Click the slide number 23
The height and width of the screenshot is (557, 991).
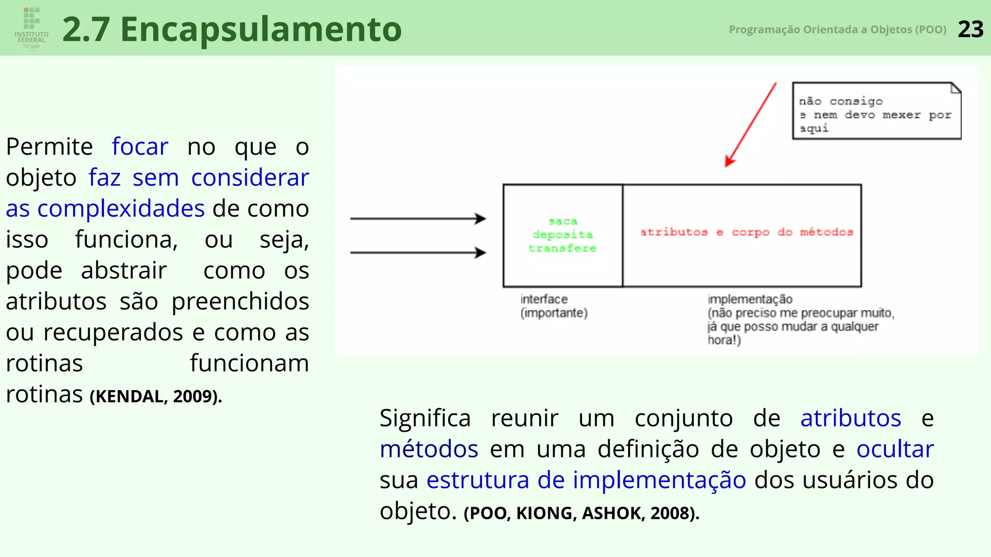970,29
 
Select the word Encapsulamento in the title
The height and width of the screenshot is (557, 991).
261,29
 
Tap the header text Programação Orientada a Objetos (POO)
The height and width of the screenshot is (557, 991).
837,29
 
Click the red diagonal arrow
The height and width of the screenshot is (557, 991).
751,125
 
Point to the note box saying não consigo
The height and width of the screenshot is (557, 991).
876,111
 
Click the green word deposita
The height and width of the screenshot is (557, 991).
562,235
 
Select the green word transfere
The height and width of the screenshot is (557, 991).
562,248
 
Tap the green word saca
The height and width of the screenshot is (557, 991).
563,221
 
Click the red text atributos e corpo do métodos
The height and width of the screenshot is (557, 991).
746,232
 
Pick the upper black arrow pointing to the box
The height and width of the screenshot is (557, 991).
418,219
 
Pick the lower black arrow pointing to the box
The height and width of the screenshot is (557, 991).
418,252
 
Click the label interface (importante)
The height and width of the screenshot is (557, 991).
554,306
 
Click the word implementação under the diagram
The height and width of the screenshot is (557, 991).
750,299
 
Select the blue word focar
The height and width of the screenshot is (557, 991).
140,147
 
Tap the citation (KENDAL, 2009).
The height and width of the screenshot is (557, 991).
156,396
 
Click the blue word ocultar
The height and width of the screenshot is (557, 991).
895,449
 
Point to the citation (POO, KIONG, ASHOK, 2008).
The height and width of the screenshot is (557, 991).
581,513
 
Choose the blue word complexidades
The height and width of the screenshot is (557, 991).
121,208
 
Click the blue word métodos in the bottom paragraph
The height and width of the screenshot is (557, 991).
429,449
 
